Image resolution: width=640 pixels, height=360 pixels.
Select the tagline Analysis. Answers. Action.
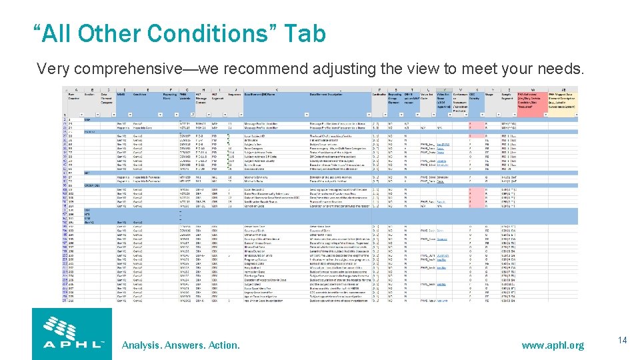point(181,345)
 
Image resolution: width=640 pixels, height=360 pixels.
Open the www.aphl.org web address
point(553,345)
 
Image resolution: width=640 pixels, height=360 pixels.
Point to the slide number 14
point(622,341)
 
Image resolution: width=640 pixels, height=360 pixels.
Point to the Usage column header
point(489,95)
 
